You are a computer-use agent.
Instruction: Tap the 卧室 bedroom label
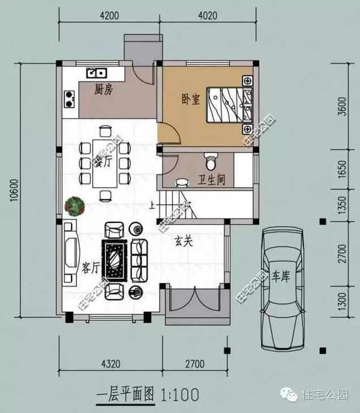pos(190,99)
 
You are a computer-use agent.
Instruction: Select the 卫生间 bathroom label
pos(211,180)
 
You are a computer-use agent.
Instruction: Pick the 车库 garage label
pos(281,276)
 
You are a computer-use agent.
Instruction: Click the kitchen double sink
pos(96,73)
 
